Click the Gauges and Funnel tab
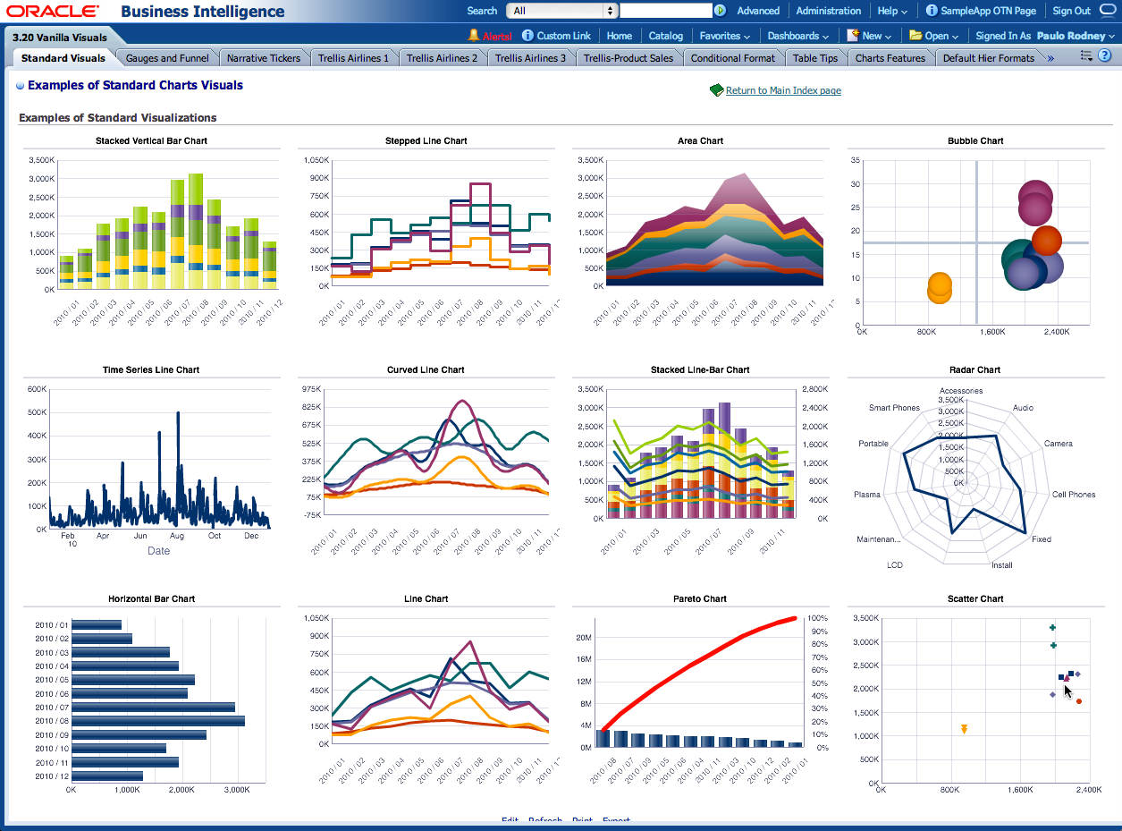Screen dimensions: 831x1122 pos(167,58)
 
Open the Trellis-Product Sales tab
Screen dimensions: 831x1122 pos(628,58)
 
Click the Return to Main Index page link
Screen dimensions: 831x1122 pos(783,90)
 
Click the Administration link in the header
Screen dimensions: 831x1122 pos(828,11)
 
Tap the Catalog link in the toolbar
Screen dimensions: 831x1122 pos(665,36)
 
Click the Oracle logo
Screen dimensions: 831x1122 pos(53,11)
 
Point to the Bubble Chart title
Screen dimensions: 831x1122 pos(975,140)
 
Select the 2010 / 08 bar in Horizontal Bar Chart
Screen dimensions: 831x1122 pos(157,721)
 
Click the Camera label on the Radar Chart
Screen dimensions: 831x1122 pos(1058,444)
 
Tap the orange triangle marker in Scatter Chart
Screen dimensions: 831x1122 pos(964,729)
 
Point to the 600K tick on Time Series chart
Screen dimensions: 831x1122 pos(38,389)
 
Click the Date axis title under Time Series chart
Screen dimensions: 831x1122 pos(158,551)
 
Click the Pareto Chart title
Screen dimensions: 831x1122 pos(700,598)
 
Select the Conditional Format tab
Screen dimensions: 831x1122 pos(733,58)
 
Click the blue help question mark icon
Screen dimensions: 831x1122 pos(1104,56)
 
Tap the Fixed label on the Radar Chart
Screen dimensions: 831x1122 pos(1041,539)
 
